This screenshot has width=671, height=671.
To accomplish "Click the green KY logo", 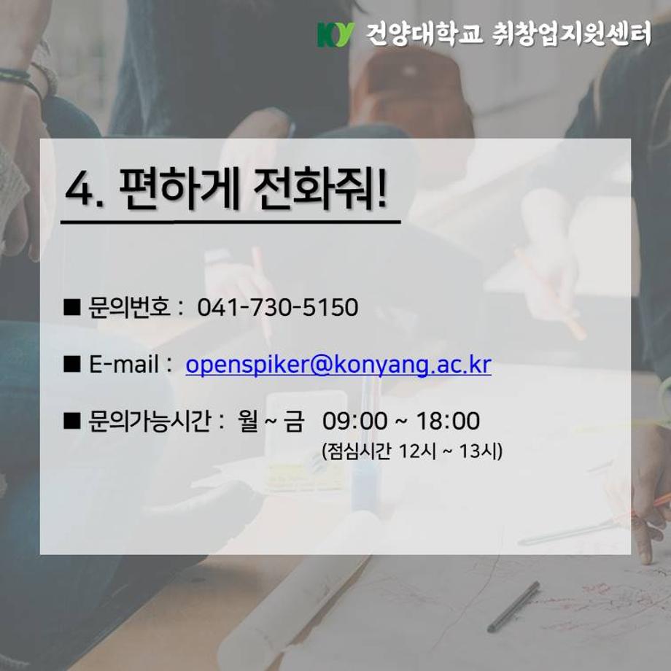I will click(x=335, y=34).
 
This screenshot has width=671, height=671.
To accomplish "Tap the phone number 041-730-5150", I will click(x=278, y=308).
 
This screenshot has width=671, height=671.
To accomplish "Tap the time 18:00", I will click(x=448, y=422).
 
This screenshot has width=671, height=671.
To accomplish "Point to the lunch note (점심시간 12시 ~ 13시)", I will click(x=412, y=452).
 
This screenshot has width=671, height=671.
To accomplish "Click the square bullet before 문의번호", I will click(x=71, y=308).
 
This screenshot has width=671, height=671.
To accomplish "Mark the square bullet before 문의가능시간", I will click(x=71, y=422).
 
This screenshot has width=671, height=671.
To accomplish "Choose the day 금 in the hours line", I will click(x=294, y=422).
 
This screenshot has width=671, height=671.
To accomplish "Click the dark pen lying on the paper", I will click(x=513, y=606).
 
